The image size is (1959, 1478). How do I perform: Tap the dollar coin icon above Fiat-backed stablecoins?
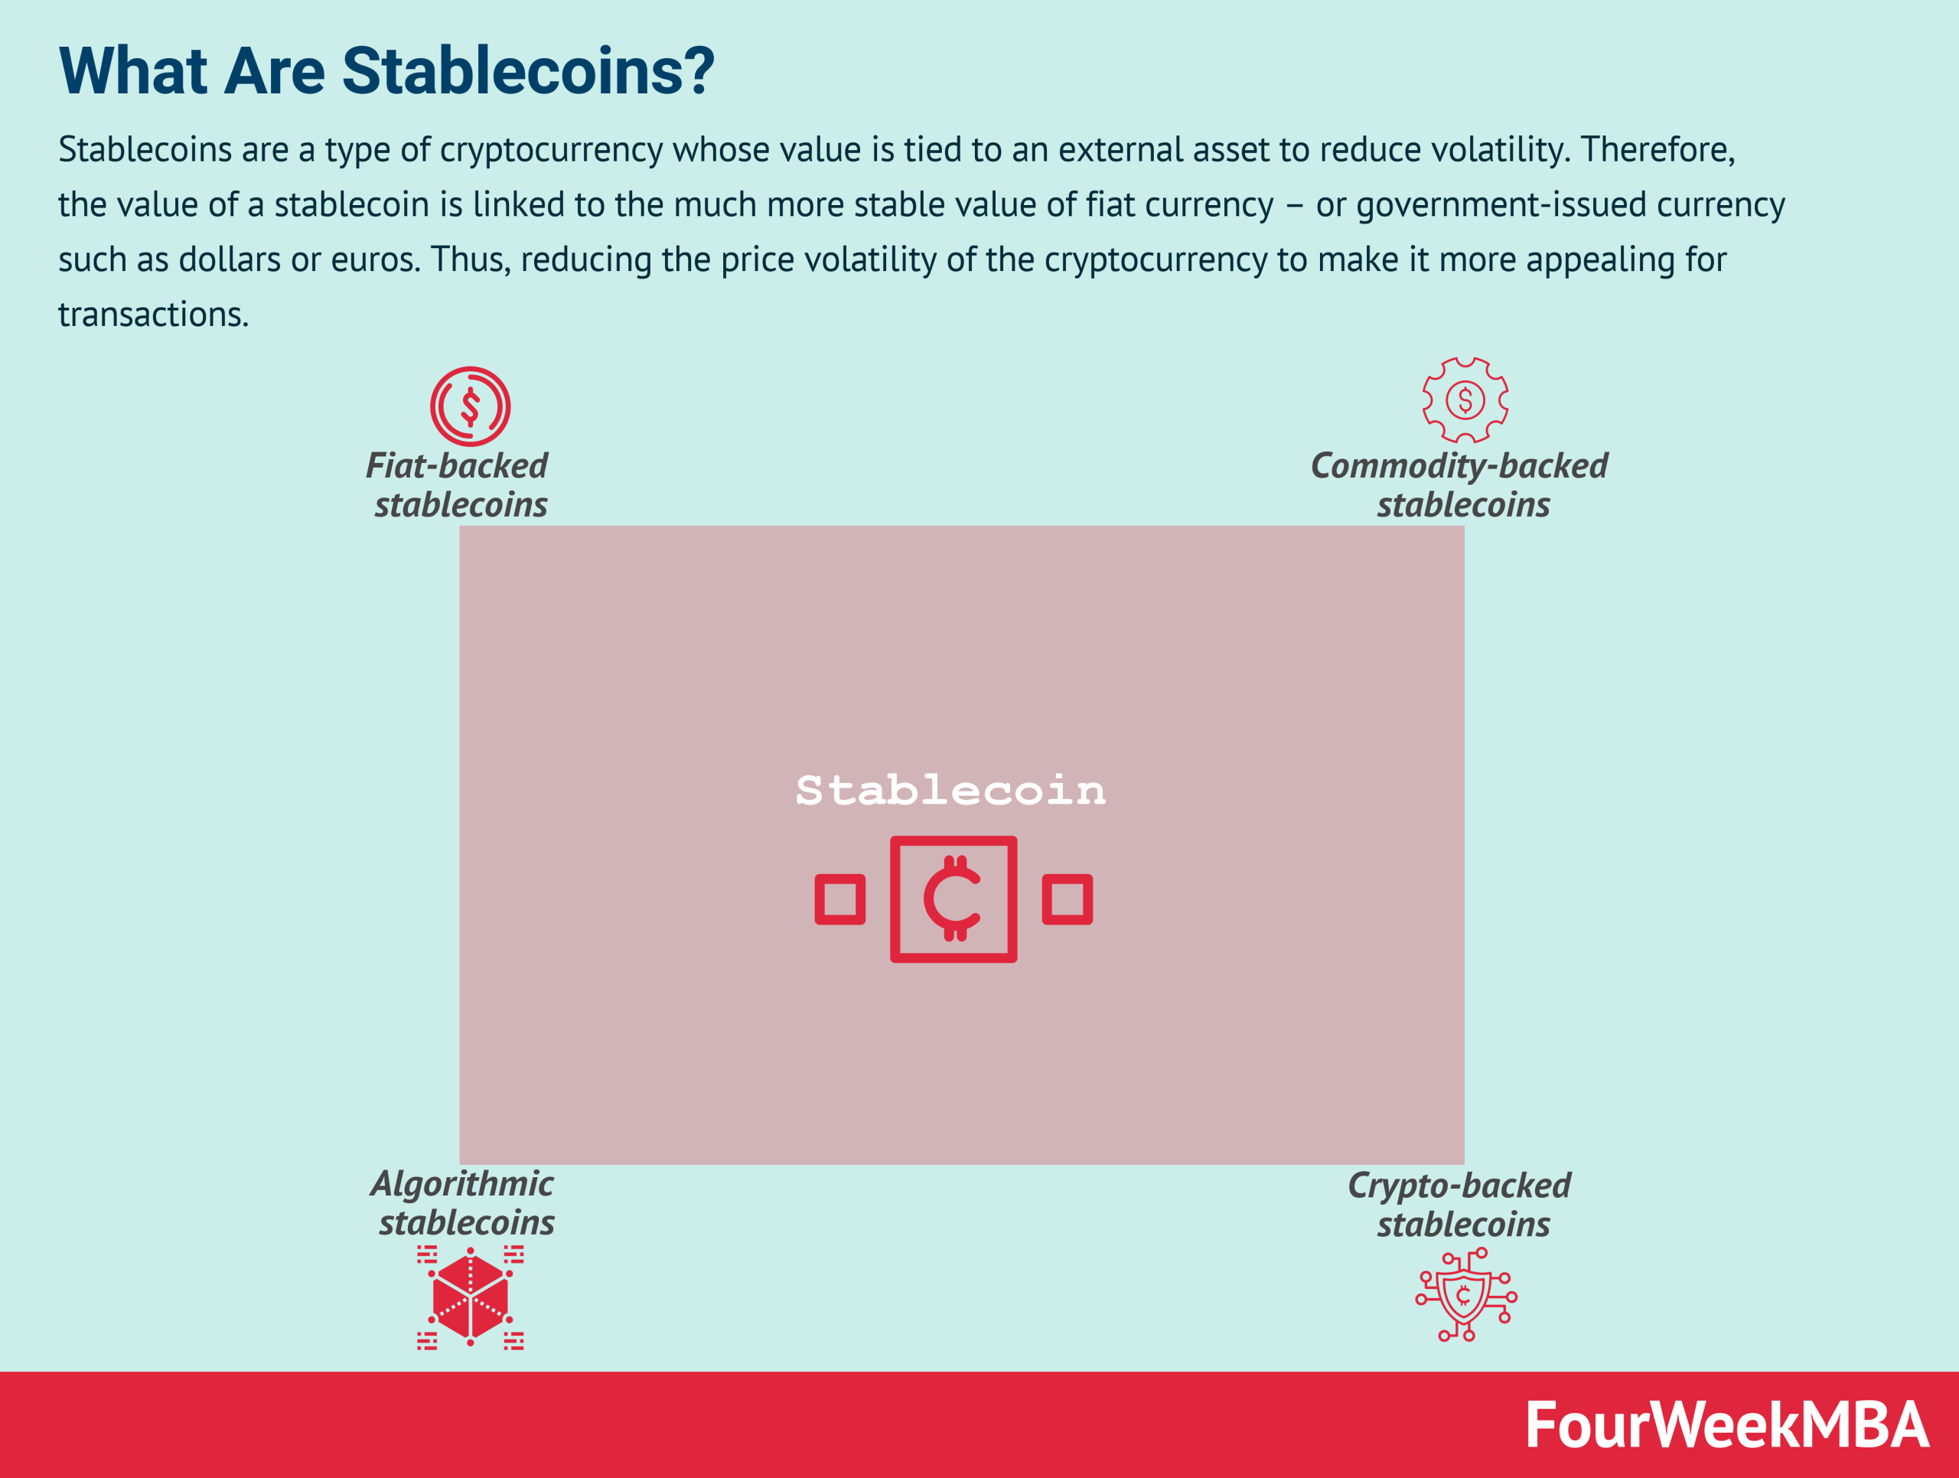pyautogui.click(x=471, y=406)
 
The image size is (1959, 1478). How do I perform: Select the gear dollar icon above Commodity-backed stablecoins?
pyautogui.click(x=1465, y=400)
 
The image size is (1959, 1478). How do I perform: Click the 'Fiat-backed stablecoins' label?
pyautogui.click(x=458, y=485)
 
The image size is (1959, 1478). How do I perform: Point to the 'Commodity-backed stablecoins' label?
pyautogui.click(x=1459, y=485)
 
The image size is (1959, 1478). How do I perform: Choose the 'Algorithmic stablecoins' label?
pyautogui.click(x=463, y=1202)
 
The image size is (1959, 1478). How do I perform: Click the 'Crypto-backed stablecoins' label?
pyautogui.click(x=1459, y=1204)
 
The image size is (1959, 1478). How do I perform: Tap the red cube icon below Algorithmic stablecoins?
pyautogui.click(x=471, y=1297)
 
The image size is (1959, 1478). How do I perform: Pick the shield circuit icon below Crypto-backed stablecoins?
pyautogui.click(x=1465, y=1295)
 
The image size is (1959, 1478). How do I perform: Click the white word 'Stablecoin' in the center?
pyautogui.click(x=950, y=790)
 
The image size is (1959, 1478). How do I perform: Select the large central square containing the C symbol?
pyautogui.click(x=953, y=899)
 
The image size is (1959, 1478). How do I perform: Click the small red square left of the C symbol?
pyautogui.click(x=839, y=899)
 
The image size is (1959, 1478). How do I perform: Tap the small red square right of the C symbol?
pyautogui.click(x=1068, y=899)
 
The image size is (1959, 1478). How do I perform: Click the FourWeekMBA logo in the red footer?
pyautogui.click(x=1726, y=1425)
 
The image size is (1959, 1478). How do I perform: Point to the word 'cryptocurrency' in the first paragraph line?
pyautogui.click(x=551, y=151)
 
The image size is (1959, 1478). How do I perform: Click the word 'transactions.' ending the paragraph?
pyautogui.click(x=153, y=315)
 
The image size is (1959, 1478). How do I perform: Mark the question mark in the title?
pyautogui.click(x=698, y=71)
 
